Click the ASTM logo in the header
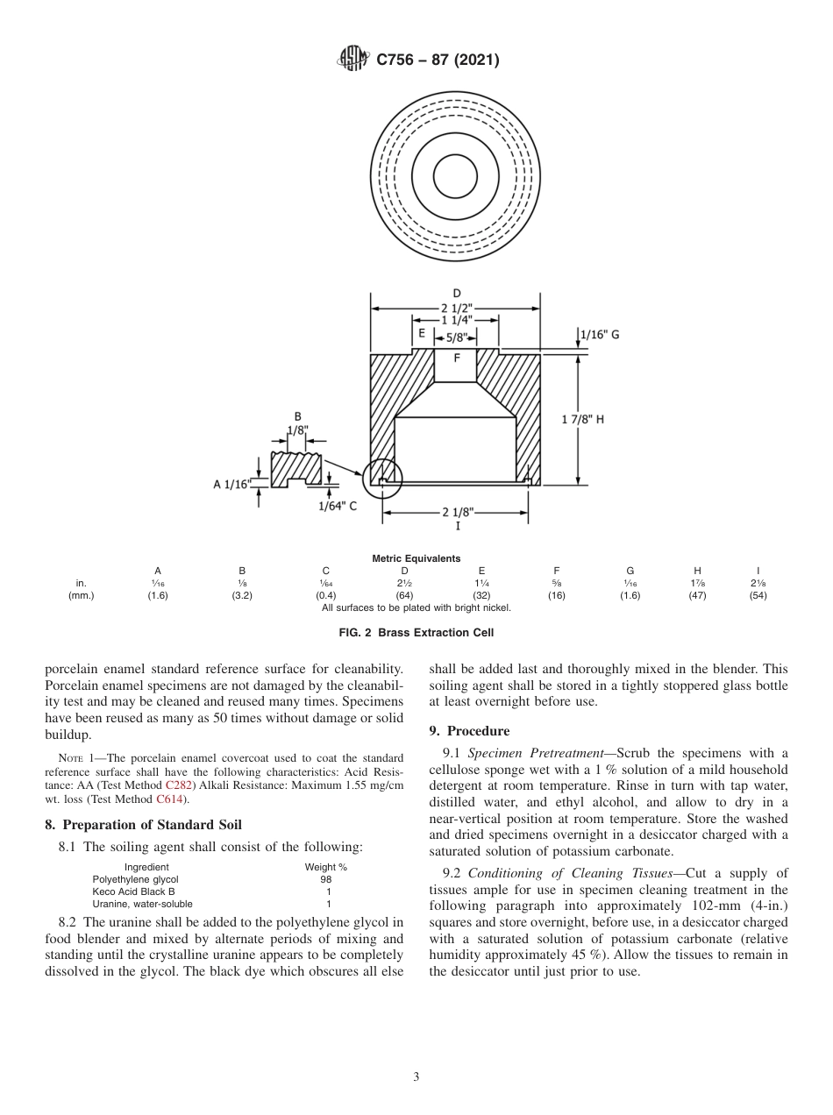(352, 60)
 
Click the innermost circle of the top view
(455, 170)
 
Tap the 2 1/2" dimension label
(456, 307)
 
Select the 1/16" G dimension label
(600, 334)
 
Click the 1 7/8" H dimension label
(583, 419)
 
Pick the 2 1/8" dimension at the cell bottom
(456, 513)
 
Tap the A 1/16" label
(232, 483)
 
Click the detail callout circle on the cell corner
(382, 479)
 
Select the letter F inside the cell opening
(457, 358)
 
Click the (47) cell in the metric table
(697, 596)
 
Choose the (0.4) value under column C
(325, 596)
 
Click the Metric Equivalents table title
(416, 558)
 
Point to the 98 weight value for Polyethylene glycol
(326, 879)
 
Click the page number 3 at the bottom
(416, 1077)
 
